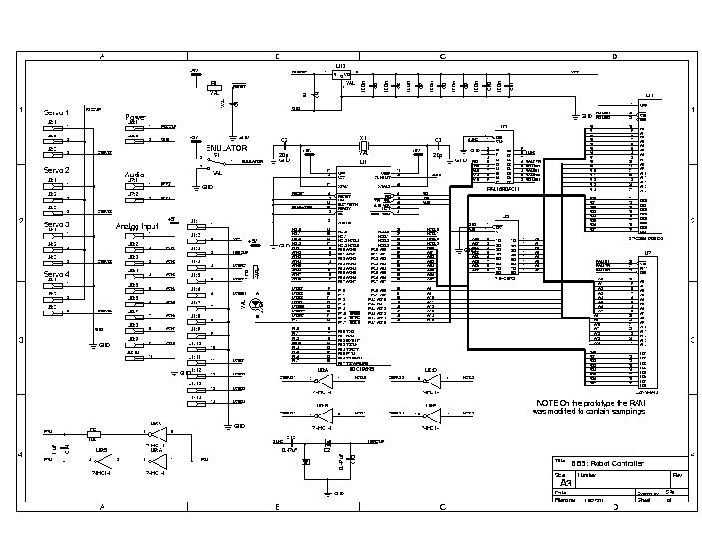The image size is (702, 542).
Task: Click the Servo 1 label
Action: pyautogui.click(x=56, y=113)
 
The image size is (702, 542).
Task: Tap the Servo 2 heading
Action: pyautogui.click(x=56, y=170)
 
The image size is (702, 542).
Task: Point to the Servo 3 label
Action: pyautogui.click(x=56, y=225)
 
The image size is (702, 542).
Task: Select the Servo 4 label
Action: pyautogui.click(x=56, y=273)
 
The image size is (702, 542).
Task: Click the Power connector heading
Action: pyautogui.click(x=135, y=117)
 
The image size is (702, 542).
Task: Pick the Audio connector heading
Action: pyautogui.click(x=135, y=174)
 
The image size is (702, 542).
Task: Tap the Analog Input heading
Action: pyautogui.click(x=137, y=226)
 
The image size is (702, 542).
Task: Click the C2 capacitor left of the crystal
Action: pyautogui.click(x=284, y=148)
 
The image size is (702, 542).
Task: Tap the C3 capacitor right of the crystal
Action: pyautogui.click(x=437, y=148)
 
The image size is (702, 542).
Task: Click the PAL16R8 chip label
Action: pyautogui.click(x=499, y=188)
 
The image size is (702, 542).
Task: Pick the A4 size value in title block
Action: pyautogui.click(x=566, y=481)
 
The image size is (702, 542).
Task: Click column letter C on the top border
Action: pyautogui.click(x=441, y=56)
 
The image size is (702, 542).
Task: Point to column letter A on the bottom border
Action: pyautogui.click(x=103, y=508)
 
